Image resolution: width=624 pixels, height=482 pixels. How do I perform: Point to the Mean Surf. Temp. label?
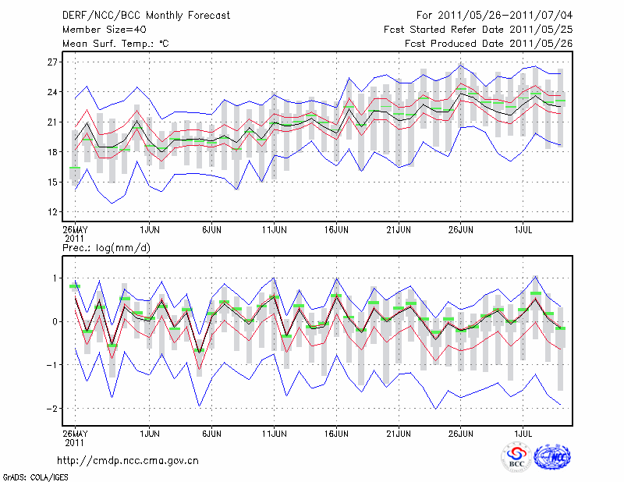[115, 44]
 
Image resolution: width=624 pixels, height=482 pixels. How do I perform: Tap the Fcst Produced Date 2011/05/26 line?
[489, 44]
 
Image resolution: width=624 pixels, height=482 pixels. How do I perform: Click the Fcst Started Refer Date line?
[478, 30]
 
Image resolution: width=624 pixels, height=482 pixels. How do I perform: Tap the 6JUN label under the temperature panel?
[213, 230]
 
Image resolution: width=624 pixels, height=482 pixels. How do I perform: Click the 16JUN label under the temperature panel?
[336, 230]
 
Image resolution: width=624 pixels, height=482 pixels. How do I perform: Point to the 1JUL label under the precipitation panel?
[523, 431]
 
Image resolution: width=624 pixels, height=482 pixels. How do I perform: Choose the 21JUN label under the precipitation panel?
[399, 431]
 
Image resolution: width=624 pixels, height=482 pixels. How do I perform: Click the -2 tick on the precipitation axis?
[53, 409]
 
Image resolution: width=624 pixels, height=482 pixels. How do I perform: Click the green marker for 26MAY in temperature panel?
[75, 168]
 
